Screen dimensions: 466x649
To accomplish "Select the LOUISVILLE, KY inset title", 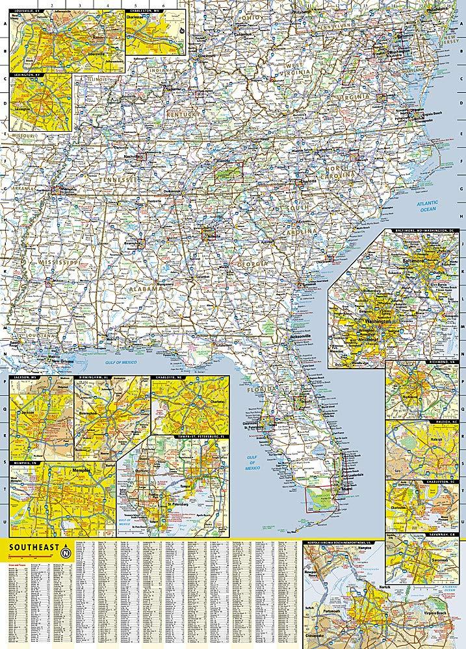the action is [29, 4].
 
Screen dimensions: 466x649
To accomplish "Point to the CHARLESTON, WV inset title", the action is [146, 4].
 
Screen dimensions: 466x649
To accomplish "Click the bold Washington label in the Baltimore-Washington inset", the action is [378, 322].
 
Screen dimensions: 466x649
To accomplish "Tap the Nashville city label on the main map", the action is [133, 156].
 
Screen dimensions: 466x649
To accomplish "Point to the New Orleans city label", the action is [60, 361].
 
